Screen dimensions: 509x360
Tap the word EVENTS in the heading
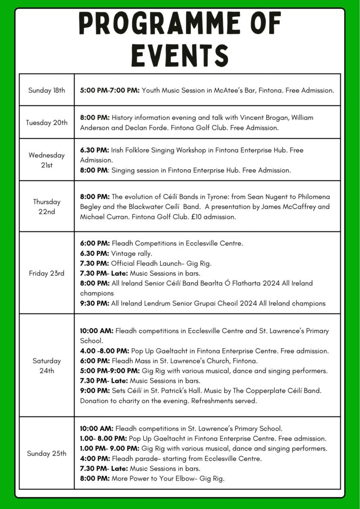pos(180,55)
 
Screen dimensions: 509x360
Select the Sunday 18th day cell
pos(47,90)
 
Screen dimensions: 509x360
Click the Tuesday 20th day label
pos(47,123)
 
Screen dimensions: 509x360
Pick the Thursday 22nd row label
pos(47,206)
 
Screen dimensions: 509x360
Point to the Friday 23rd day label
pos(47,273)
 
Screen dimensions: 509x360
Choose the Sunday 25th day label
pos(47,453)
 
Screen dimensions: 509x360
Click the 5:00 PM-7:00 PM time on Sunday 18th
pos(110,90)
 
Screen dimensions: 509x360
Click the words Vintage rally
pos(128,254)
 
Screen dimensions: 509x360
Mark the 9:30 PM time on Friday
pos(94,304)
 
